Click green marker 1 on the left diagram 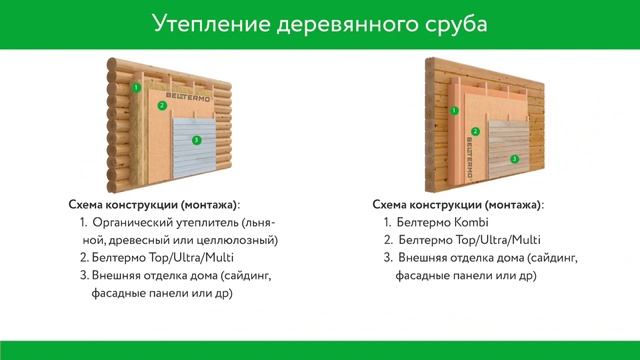(x=136, y=88)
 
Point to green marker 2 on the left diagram (x=161, y=106)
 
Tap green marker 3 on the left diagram (x=196, y=140)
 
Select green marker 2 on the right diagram (x=478, y=130)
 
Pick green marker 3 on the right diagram (x=514, y=158)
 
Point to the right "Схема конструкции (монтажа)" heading (x=456, y=203)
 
